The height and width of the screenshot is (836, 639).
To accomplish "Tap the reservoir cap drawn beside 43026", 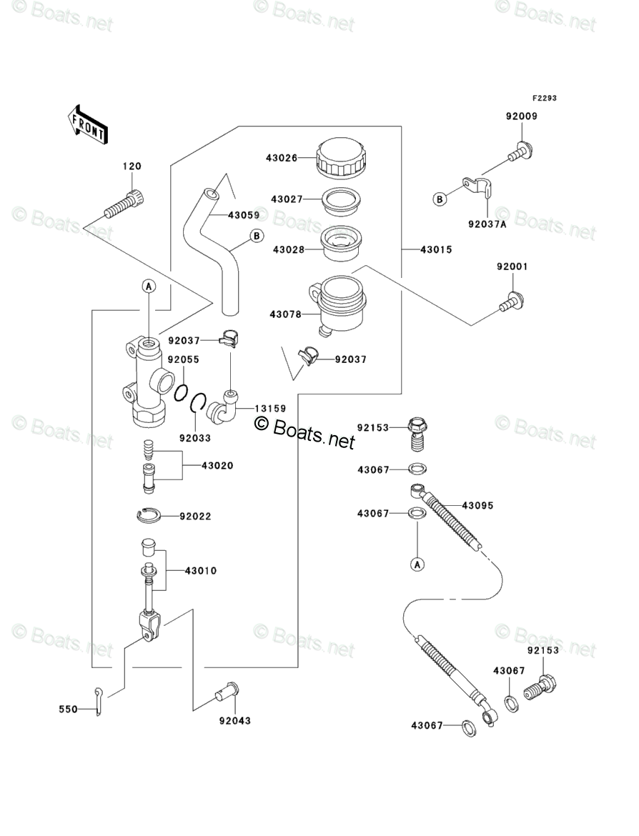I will [x=342, y=157].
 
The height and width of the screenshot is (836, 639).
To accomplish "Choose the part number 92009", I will [x=522, y=116].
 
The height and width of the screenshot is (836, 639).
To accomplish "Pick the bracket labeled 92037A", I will [x=476, y=189].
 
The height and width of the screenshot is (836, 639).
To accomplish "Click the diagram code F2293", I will [x=543, y=99].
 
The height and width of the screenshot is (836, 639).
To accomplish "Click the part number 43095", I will [x=477, y=505].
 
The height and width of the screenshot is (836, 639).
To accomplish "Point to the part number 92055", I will [x=184, y=359].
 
